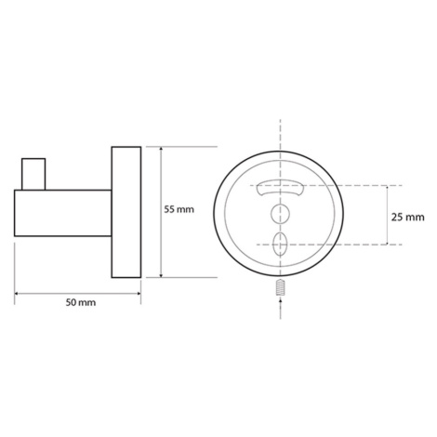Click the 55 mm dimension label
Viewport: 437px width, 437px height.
tap(179, 209)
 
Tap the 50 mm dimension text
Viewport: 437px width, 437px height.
tap(81, 302)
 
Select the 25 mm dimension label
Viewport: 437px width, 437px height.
tap(407, 218)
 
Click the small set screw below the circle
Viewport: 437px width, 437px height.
tap(280, 287)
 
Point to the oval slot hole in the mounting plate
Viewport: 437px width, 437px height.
tap(280, 244)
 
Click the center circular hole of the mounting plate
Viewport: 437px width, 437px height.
tap(280, 214)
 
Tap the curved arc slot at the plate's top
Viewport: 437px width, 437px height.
tap(280, 187)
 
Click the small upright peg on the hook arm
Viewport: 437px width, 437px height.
tap(33, 174)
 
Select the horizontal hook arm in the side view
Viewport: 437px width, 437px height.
tap(63, 213)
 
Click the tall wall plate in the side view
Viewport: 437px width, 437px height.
tap(126, 212)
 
